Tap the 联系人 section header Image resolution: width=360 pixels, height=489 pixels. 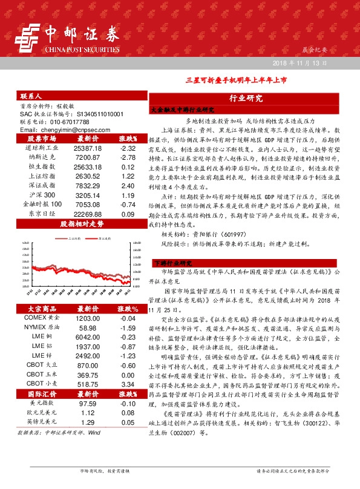point(31,96)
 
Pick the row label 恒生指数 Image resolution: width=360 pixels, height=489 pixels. point(42,166)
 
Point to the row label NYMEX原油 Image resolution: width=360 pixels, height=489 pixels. point(42,327)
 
